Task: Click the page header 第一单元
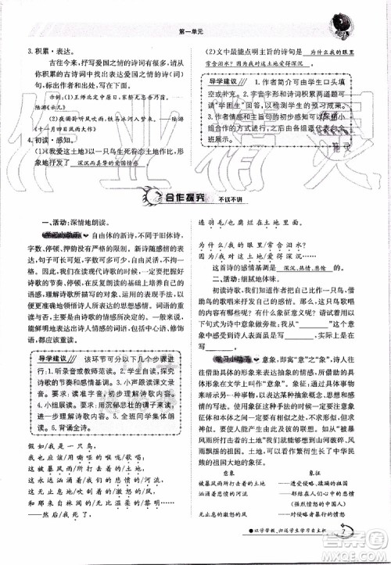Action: pyautogui.click(x=192, y=30)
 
